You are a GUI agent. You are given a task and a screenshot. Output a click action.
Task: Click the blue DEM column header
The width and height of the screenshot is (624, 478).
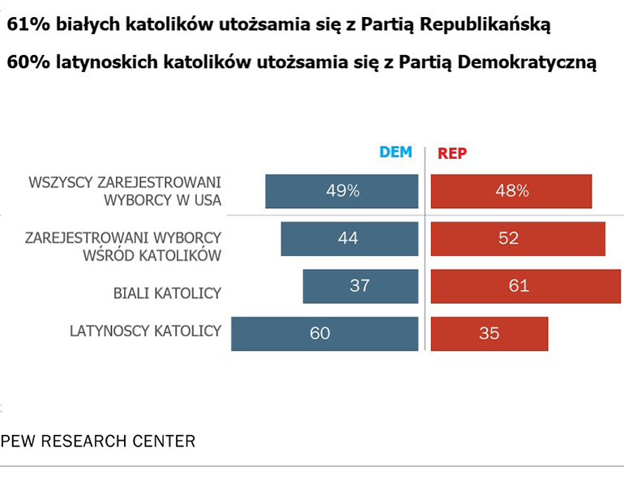click(x=396, y=152)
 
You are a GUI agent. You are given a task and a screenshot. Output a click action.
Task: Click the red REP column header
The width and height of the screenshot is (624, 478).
click(x=452, y=153)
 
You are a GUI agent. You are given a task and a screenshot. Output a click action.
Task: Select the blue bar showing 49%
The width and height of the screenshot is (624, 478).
click(x=342, y=191)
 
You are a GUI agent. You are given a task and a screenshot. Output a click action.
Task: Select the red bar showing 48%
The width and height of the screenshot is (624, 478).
click(x=511, y=191)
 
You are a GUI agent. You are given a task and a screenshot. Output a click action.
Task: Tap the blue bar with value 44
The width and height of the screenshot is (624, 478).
click(x=349, y=238)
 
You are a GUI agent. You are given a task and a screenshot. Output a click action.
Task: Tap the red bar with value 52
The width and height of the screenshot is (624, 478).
click(x=518, y=238)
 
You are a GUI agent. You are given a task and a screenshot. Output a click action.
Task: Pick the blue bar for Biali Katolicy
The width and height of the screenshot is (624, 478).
click(x=361, y=285)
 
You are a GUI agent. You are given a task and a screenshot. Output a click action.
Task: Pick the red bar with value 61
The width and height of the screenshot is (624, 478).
click(x=525, y=285)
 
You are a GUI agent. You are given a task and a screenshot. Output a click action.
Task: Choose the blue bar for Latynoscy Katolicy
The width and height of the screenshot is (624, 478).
click(x=324, y=332)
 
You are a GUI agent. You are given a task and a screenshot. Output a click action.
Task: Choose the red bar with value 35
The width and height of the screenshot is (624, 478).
click(x=489, y=332)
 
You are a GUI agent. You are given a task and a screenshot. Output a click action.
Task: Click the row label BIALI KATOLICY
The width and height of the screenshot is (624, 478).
click(x=166, y=293)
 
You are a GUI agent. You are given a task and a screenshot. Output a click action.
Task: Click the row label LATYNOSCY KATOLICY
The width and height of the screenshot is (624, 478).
click(x=145, y=331)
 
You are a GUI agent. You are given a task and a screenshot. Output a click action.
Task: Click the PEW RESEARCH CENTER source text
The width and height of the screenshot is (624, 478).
click(x=98, y=442)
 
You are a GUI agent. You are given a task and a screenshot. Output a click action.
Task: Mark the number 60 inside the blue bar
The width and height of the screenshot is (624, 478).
click(x=320, y=332)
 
